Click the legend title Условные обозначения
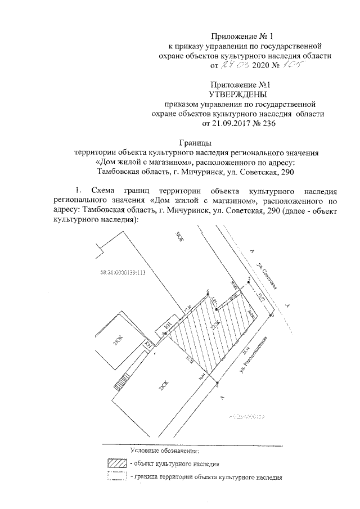(164, 451)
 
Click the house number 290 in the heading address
(286, 172)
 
